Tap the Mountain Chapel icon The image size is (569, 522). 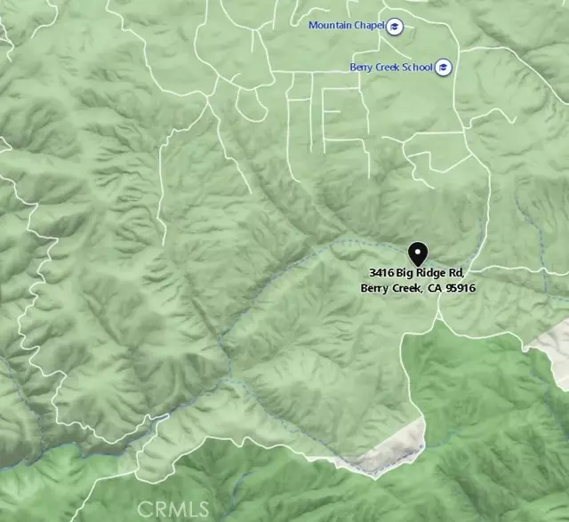[x=395, y=26]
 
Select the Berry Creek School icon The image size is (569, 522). [x=445, y=68]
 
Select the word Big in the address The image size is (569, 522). [x=405, y=271]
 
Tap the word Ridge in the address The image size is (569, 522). [x=430, y=271]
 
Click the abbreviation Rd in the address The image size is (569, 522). [x=455, y=271]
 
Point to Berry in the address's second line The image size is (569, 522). [x=373, y=287]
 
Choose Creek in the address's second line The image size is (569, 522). [x=405, y=287]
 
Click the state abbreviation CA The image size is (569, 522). [x=434, y=287]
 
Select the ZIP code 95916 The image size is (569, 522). [x=461, y=287]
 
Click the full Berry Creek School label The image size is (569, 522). [x=392, y=68]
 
